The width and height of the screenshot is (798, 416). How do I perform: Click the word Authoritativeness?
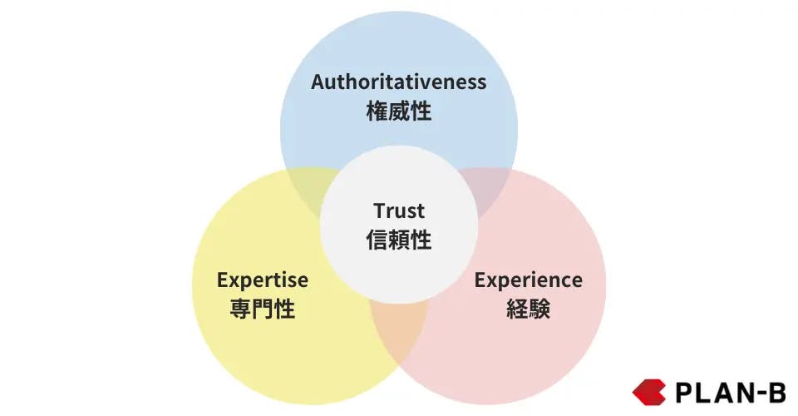398,82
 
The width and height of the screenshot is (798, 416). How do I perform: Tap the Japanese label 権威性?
398,111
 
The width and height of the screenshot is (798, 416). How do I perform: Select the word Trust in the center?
398,210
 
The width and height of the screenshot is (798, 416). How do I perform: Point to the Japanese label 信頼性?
398,240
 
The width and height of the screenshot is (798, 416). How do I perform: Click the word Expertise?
262,280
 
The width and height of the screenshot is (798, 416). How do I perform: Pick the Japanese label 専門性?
262,309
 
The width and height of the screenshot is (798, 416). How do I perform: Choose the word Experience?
529,280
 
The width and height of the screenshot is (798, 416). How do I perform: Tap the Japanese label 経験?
529,309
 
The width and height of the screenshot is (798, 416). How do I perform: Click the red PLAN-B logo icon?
649,392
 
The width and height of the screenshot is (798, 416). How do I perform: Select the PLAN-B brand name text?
731,393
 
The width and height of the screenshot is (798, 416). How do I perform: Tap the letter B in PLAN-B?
776,393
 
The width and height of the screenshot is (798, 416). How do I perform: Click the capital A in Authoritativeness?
319,82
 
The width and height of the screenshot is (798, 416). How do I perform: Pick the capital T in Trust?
380,210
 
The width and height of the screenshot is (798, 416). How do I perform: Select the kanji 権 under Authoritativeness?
377,111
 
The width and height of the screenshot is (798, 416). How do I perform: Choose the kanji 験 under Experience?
539,309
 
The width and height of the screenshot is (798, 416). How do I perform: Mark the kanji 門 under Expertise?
262,309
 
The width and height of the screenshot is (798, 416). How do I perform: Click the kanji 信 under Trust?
377,240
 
